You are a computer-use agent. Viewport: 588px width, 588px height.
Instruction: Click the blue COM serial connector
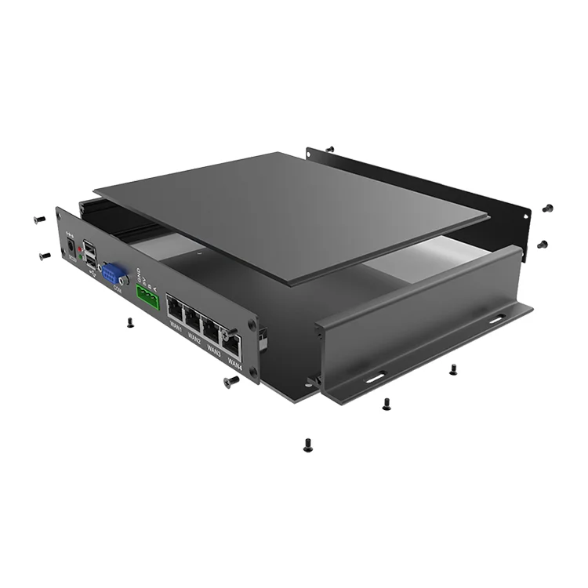point(114,274)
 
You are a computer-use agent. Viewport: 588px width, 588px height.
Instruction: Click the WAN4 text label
point(233,363)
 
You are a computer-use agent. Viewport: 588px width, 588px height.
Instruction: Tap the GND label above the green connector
point(139,276)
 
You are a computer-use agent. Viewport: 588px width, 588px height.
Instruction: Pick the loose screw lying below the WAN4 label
point(231,382)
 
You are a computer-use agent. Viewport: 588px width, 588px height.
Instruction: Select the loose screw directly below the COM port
point(130,322)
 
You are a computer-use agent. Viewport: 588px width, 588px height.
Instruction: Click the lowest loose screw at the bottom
point(307,445)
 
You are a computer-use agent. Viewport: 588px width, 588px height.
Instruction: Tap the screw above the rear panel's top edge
point(330,148)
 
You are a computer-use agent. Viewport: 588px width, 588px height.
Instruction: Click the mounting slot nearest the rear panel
point(497,318)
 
